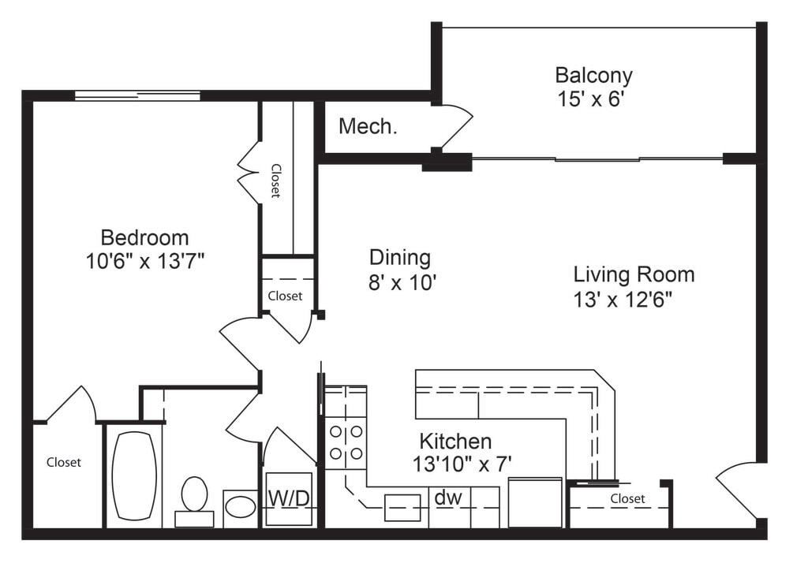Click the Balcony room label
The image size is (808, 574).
pyautogui.click(x=593, y=76)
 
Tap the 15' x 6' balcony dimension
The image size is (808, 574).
pyautogui.click(x=590, y=99)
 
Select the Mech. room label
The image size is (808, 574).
pyautogui.click(x=368, y=126)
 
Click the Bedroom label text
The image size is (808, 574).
pyautogui.click(x=145, y=237)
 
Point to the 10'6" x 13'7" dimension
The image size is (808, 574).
pyautogui.click(x=145, y=261)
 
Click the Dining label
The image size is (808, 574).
pyautogui.click(x=400, y=257)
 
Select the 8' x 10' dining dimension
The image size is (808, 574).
pyautogui.click(x=402, y=282)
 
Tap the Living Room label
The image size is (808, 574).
pyautogui.click(x=634, y=274)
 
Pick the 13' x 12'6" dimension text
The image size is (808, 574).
pyautogui.click(x=623, y=299)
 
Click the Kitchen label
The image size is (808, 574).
pyautogui.click(x=455, y=442)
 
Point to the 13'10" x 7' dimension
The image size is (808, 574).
pyautogui.click(x=462, y=464)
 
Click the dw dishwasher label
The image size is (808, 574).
pyautogui.click(x=448, y=498)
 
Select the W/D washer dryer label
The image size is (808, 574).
pyautogui.click(x=289, y=498)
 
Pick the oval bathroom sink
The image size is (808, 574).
pyautogui.click(x=241, y=507)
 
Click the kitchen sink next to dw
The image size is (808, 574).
pyautogui.click(x=402, y=508)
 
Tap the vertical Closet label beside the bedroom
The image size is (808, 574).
pyautogui.click(x=275, y=181)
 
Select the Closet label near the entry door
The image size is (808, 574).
pyautogui.click(x=627, y=498)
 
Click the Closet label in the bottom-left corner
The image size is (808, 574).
pyautogui.click(x=63, y=462)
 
